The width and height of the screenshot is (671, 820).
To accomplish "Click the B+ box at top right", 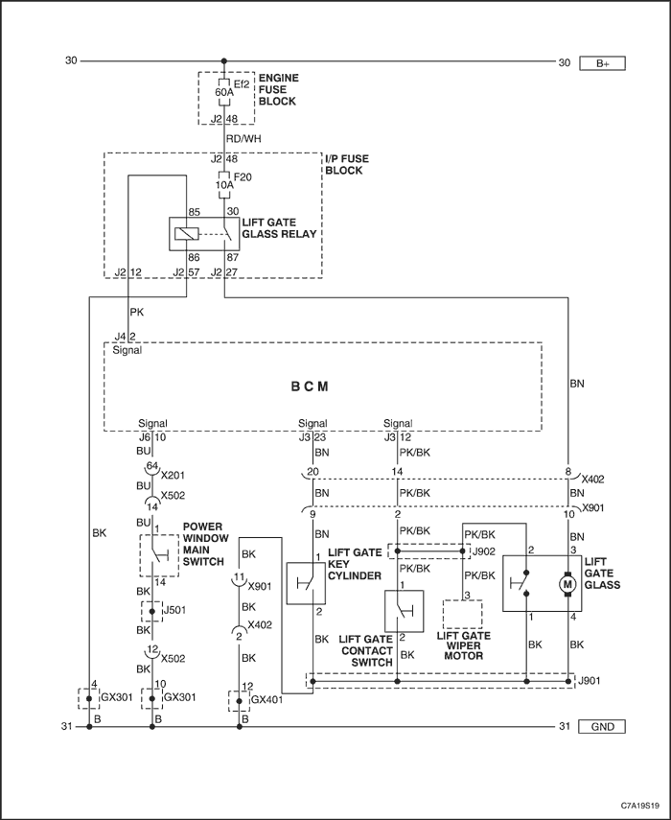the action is click(x=602, y=63).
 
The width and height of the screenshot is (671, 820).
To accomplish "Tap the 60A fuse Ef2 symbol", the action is click(x=223, y=92).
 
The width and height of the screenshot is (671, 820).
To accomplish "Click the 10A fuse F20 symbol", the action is click(x=223, y=184).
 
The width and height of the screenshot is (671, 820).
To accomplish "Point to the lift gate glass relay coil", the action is click(x=187, y=234).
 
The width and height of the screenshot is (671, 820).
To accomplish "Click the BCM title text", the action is click(x=310, y=387).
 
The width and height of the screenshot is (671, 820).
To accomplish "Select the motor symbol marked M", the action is click(x=568, y=583).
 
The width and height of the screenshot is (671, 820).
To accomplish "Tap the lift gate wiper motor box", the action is click(x=462, y=614).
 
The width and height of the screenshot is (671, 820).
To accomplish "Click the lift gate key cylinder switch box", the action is click(x=306, y=584).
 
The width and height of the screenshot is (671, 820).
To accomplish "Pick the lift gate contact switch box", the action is click(x=404, y=611).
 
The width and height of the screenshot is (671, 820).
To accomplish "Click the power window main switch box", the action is click(x=159, y=555).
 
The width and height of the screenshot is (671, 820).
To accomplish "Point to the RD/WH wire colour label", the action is click(x=243, y=138).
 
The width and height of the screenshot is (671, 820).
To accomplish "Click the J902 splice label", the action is click(x=483, y=551).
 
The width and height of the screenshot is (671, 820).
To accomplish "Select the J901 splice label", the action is click(x=589, y=680).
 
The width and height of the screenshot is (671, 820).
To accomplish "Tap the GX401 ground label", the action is click(x=267, y=699).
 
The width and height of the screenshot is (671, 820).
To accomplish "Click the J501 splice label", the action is click(x=175, y=610).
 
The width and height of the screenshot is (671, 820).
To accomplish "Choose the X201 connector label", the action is click(x=173, y=476).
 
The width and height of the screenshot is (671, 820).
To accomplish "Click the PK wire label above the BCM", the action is click(x=136, y=313).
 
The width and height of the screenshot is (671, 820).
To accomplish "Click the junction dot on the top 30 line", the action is click(x=224, y=61).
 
